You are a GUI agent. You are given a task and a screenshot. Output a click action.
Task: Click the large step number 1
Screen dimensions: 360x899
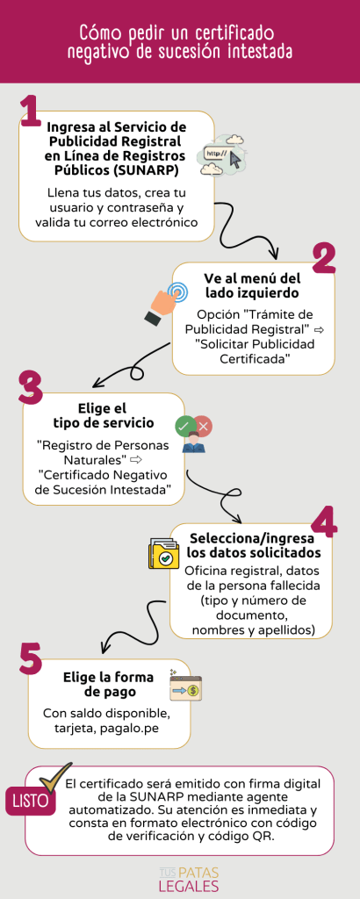30,111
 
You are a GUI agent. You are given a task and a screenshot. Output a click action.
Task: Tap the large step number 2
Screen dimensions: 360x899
324,260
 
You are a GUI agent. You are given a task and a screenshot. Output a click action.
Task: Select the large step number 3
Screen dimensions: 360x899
31,388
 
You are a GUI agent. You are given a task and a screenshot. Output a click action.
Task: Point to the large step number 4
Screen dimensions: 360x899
324,521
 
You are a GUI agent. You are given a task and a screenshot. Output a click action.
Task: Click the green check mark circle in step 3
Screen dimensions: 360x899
184,426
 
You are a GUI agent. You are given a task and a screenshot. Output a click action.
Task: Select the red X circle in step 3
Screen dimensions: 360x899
204,426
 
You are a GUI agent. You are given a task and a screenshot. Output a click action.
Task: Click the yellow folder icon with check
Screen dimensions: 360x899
163,555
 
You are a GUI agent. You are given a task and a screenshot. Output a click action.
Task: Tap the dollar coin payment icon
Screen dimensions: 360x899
186,686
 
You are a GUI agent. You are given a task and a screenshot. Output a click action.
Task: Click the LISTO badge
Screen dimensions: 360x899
31,801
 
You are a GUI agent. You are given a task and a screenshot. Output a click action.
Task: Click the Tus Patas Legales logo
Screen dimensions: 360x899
189,879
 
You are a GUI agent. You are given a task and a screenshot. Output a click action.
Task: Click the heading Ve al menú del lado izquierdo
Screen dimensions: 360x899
252,285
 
